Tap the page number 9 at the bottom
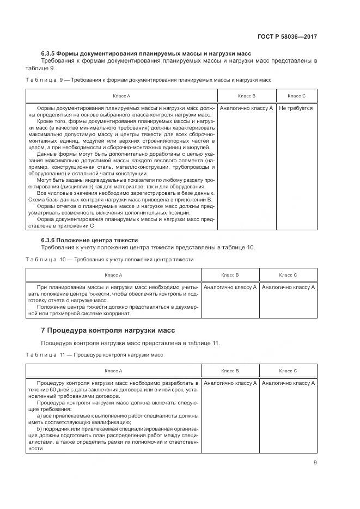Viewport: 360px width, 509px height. [315, 463]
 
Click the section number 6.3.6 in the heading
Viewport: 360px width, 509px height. [49, 240]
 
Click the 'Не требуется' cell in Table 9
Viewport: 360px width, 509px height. [296, 108]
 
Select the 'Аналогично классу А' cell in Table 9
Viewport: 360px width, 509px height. [246, 108]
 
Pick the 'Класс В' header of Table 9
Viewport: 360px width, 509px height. [246, 96]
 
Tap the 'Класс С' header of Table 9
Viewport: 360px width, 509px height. [296, 96]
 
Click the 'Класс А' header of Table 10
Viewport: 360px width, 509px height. [113, 275]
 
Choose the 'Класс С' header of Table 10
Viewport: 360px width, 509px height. [288, 275]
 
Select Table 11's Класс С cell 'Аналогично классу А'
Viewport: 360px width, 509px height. [288, 383]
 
